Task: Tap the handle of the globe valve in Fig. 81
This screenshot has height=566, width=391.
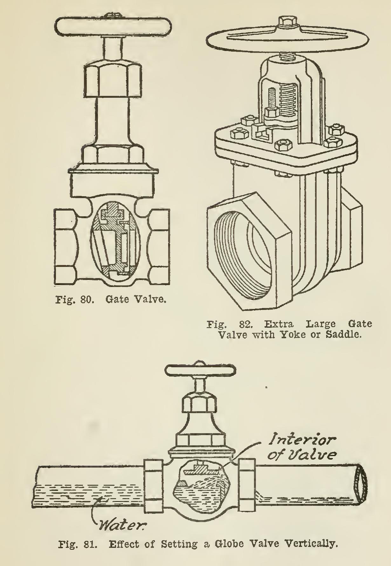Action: coord(200,370)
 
